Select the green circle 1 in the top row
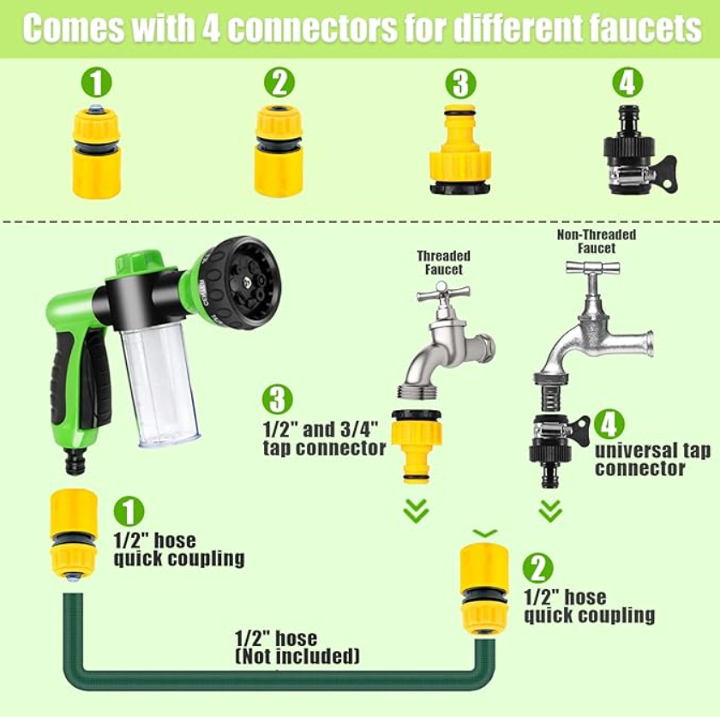point(96,84)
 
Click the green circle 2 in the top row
point(279,84)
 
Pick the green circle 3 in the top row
point(461,84)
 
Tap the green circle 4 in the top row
point(627,82)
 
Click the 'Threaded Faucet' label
point(443,262)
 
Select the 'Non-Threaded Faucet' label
point(597,241)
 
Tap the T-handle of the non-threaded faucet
point(592,268)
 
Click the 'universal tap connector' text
point(651,460)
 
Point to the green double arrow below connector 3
point(416,511)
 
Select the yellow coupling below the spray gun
point(75,533)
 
